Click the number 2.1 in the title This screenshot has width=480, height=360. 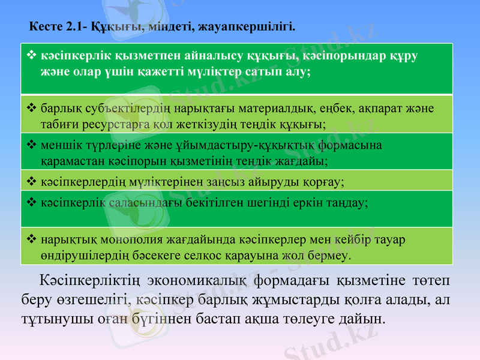coord(74,27)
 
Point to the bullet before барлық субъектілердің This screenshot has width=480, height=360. coord(32,109)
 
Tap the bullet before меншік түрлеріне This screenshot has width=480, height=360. coord(32,145)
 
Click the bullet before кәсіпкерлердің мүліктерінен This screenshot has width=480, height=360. coord(32,180)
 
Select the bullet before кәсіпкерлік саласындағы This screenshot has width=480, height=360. coord(32,202)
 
